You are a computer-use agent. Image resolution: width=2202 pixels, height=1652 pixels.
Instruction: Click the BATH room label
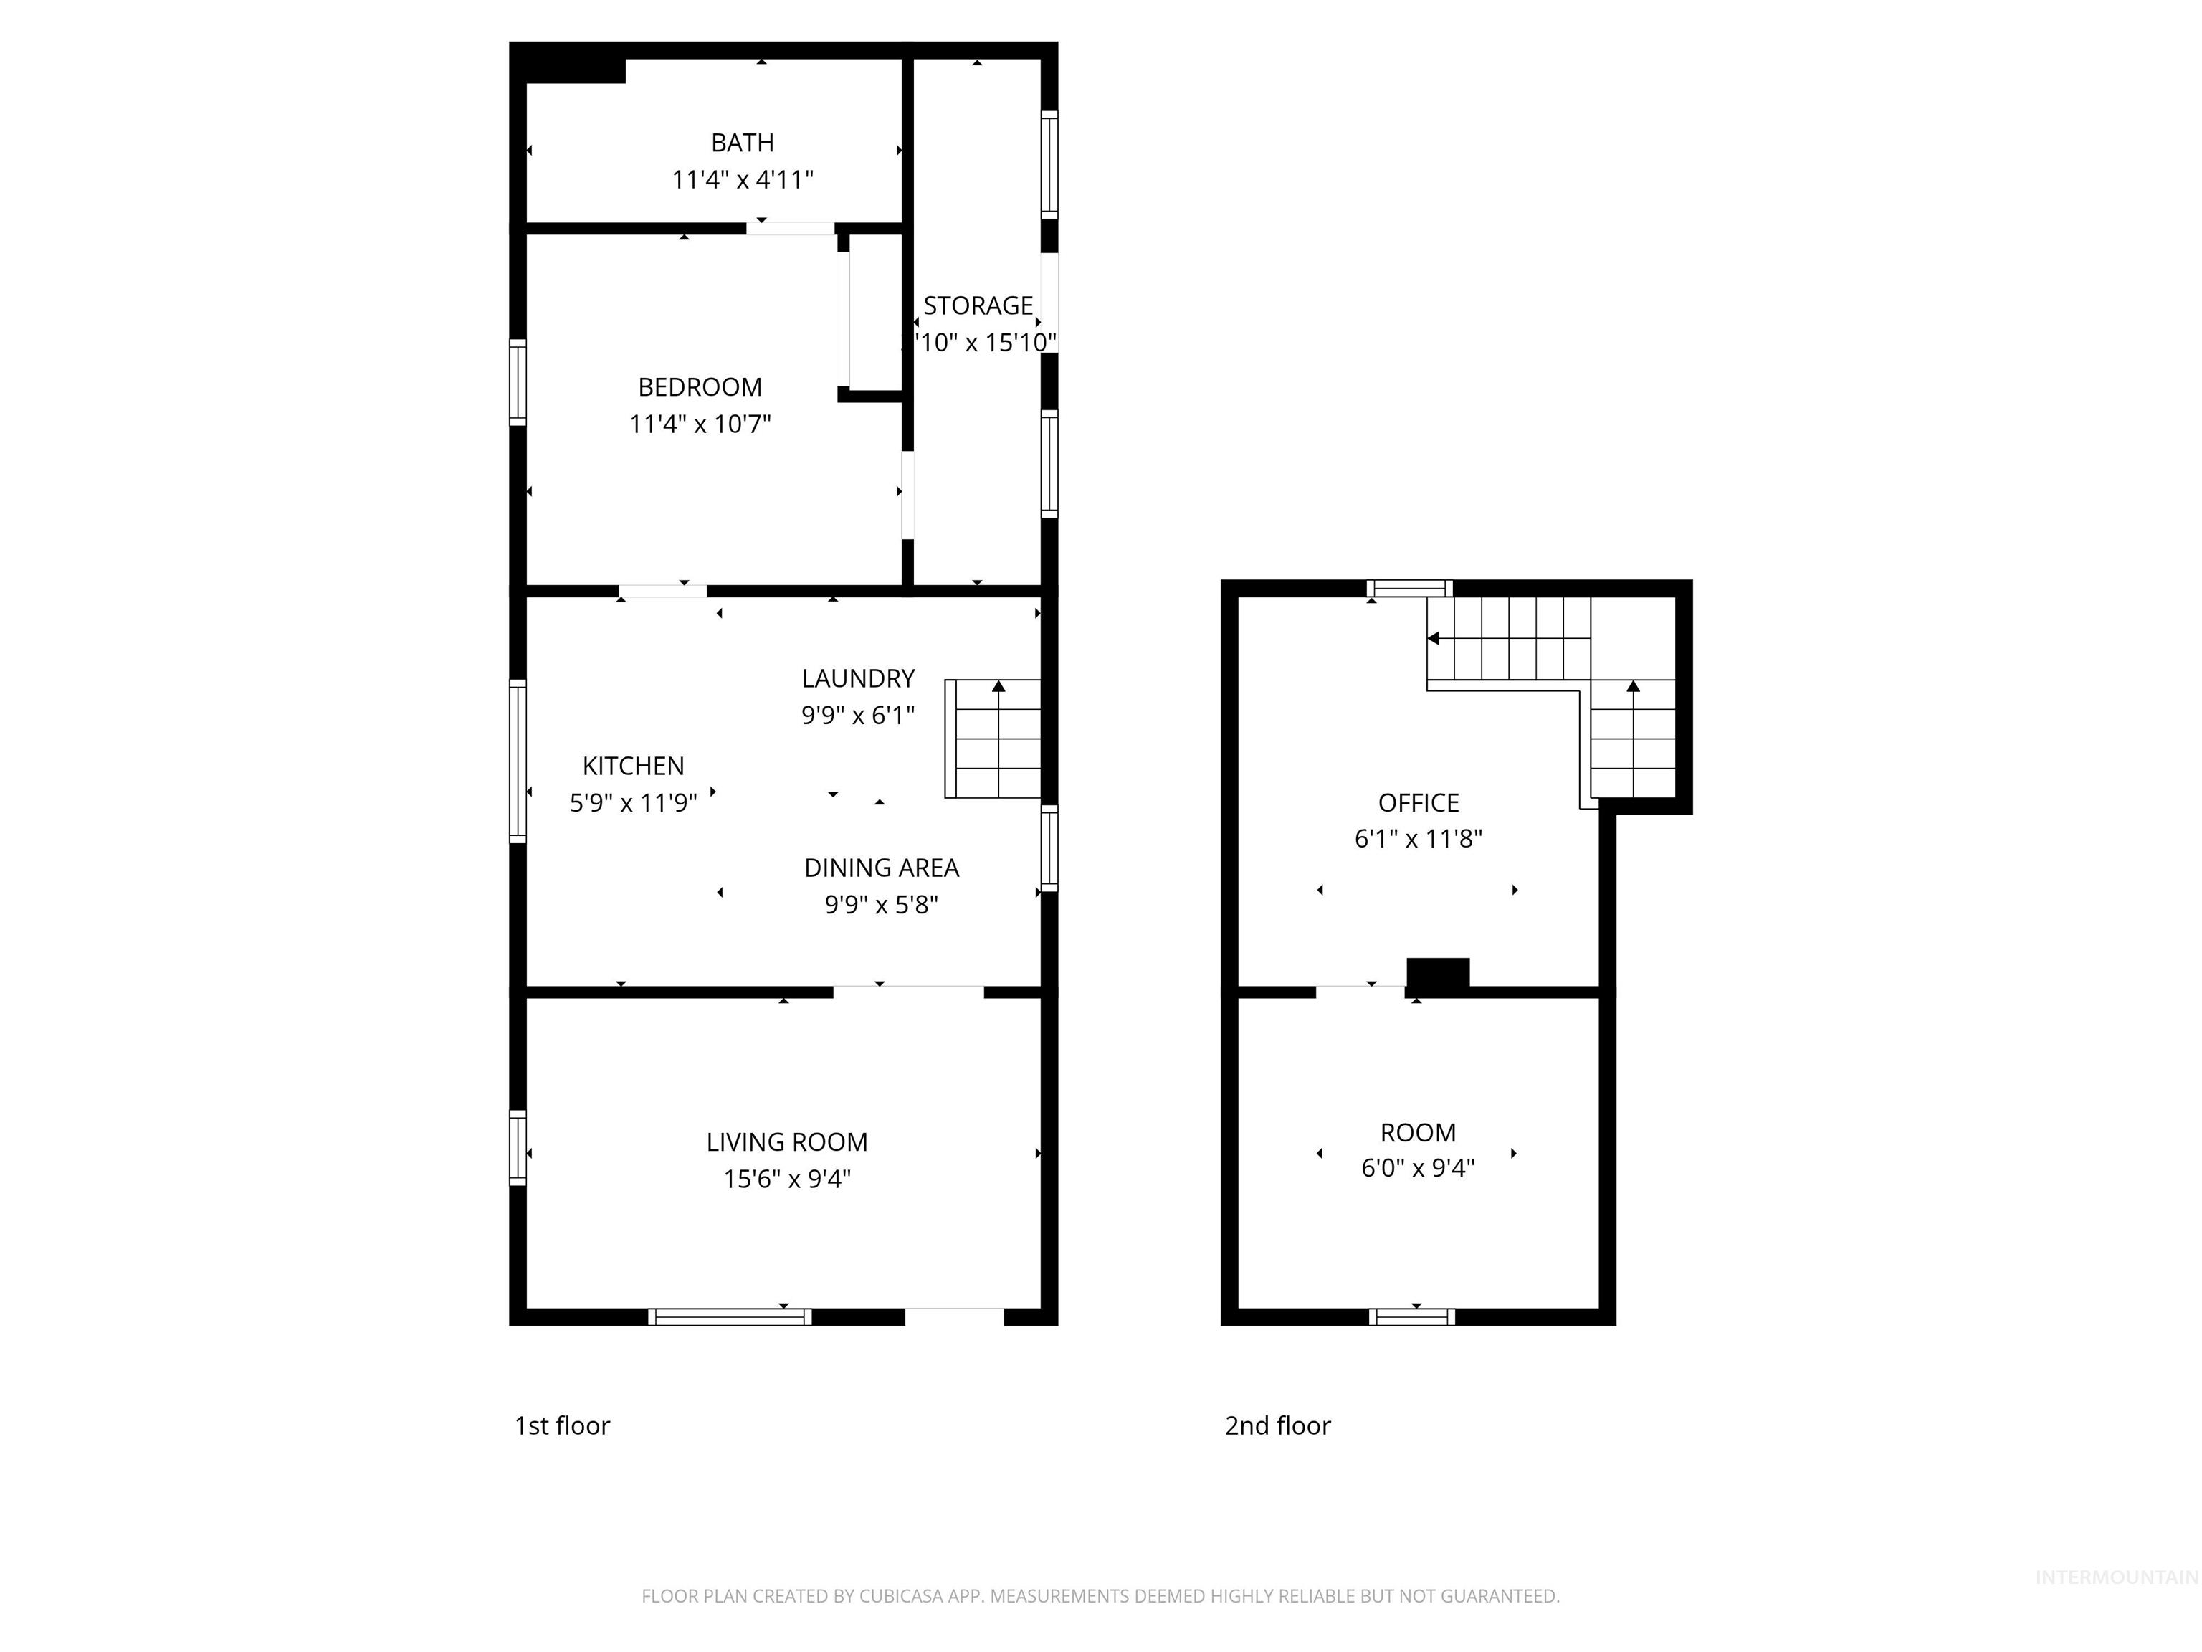[742, 143]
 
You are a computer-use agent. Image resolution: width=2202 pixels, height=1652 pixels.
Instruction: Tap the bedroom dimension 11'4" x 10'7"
[700, 424]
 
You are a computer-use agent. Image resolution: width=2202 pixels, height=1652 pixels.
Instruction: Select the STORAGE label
[978, 305]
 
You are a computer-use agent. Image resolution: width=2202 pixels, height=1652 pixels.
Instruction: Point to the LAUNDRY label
[857, 678]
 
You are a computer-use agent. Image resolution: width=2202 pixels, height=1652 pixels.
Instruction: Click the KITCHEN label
[633, 766]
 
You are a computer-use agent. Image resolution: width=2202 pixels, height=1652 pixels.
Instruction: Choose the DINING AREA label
[881, 868]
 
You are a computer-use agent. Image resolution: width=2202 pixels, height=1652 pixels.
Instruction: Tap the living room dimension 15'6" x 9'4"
[786, 1179]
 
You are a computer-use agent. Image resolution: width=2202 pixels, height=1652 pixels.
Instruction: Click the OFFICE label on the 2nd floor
[1418, 802]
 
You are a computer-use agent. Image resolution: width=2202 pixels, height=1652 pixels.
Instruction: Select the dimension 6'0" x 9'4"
[1418, 1167]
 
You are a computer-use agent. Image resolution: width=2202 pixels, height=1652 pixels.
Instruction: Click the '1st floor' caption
[561, 1426]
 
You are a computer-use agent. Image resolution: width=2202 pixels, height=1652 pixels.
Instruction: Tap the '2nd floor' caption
[1277, 1426]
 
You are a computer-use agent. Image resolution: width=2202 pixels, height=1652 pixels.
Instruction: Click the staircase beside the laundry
[993, 739]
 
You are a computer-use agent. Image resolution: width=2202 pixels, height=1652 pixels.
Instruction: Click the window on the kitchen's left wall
[518, 761]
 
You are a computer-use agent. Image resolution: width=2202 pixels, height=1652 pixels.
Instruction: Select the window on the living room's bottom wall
[730, 1316]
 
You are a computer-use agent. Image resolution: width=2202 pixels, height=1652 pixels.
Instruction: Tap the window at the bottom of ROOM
[1411, 1316]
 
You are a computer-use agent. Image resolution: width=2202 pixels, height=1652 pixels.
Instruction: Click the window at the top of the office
[1409, 587]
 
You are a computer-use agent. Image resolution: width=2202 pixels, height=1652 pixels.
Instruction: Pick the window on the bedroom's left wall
[518, 382]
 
